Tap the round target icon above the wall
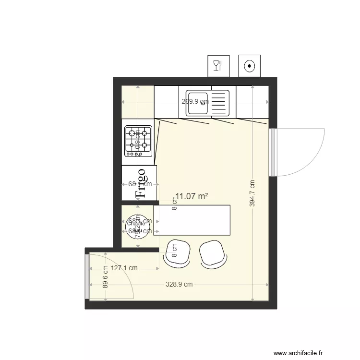click(x=249, y=66)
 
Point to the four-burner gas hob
click(x=138, y=141)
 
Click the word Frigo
click(x=141, y=183)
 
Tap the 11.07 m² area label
click(x=192, y=196)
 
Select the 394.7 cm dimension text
click(x=253, y=193)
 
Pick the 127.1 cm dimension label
click(x=124, y=269)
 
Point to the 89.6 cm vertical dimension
click(x=105, y=277)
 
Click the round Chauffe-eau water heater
click(x=135, y=224)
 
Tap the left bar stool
click(x=177, y=252)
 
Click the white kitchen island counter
click(x=192, y=220)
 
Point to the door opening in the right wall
click(x=273, y=152)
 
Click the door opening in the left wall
click(x=87, y=276)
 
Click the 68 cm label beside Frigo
click(x=140, y=184)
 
